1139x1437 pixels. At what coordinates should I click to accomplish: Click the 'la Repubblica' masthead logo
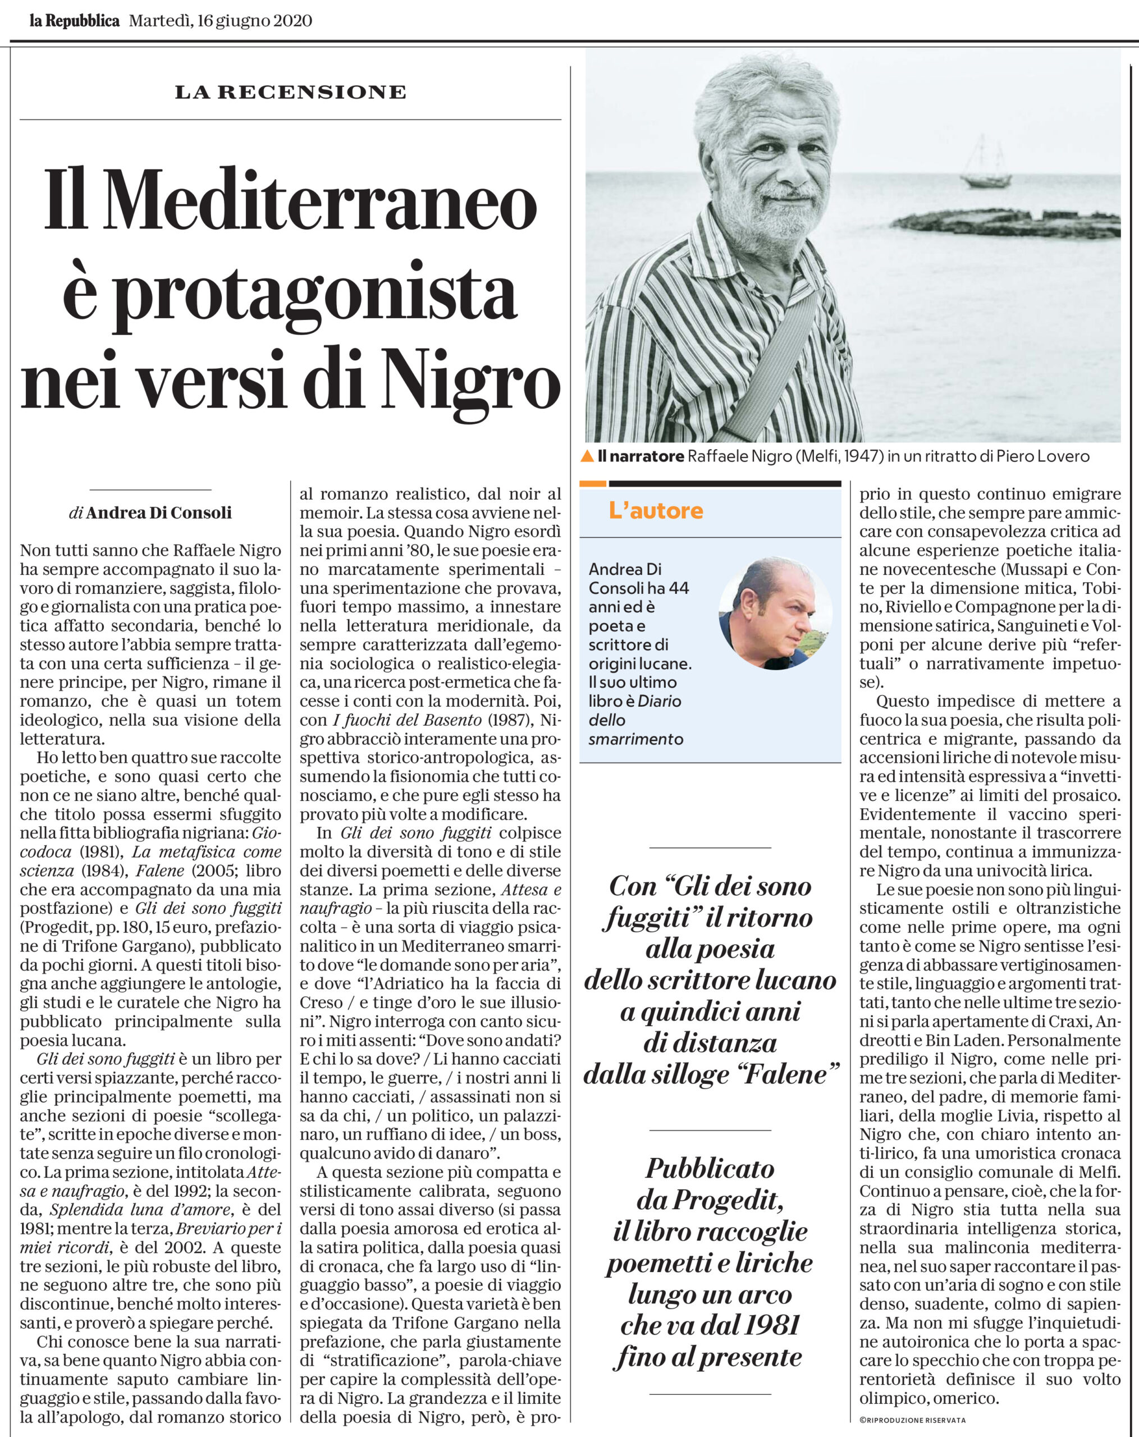(74, 21)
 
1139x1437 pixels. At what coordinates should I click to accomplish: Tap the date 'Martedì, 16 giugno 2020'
(221, 21)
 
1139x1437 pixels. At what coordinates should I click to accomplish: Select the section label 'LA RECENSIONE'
(291, 92)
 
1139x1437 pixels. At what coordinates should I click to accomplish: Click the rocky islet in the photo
(1007, 223)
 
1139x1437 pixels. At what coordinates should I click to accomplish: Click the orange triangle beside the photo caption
(587, 456)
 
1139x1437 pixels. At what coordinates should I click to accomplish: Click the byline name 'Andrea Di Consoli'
(159, 512)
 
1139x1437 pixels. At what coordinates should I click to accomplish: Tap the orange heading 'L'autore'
(656, 511)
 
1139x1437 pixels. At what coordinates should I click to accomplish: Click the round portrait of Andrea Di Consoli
(775, 613)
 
